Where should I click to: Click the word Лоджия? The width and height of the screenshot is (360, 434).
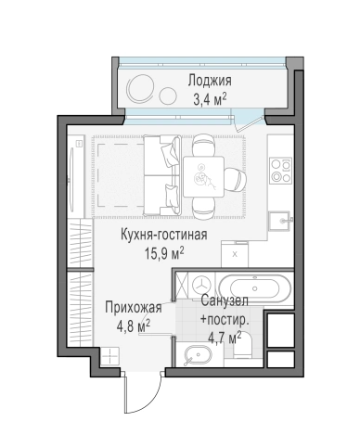click(209, 81)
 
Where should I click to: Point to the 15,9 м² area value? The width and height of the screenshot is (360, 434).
click(163, 251)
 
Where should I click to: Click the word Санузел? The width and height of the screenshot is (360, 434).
click(225, 302)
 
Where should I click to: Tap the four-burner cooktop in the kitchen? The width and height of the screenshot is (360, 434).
click(280, 172)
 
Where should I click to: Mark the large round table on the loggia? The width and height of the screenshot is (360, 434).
click(142, 88)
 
